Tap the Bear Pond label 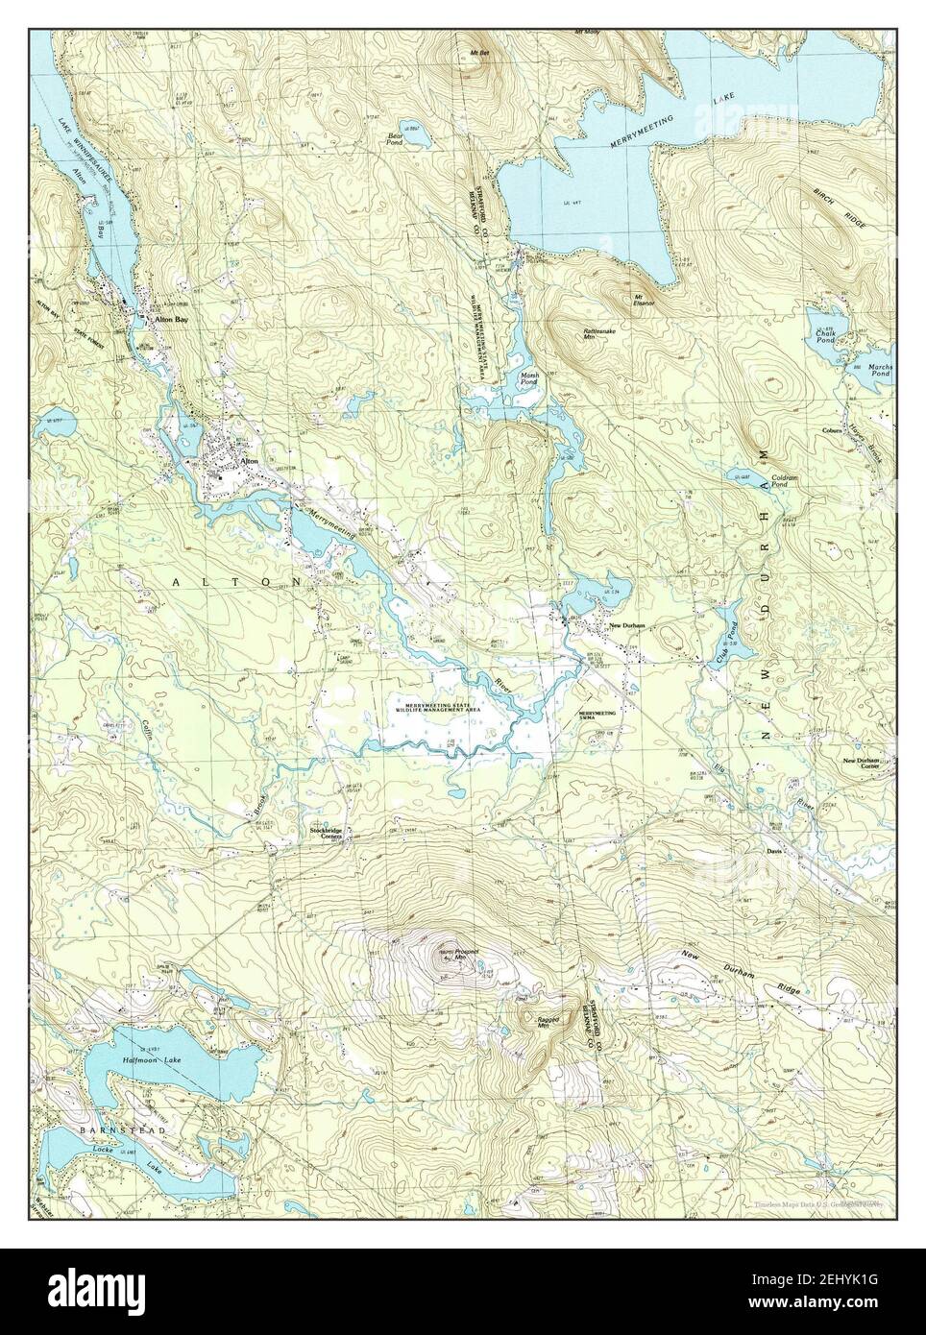pos(395,139)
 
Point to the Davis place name pos(775,851)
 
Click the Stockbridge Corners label pos(326,833)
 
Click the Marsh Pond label pos(530,378)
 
